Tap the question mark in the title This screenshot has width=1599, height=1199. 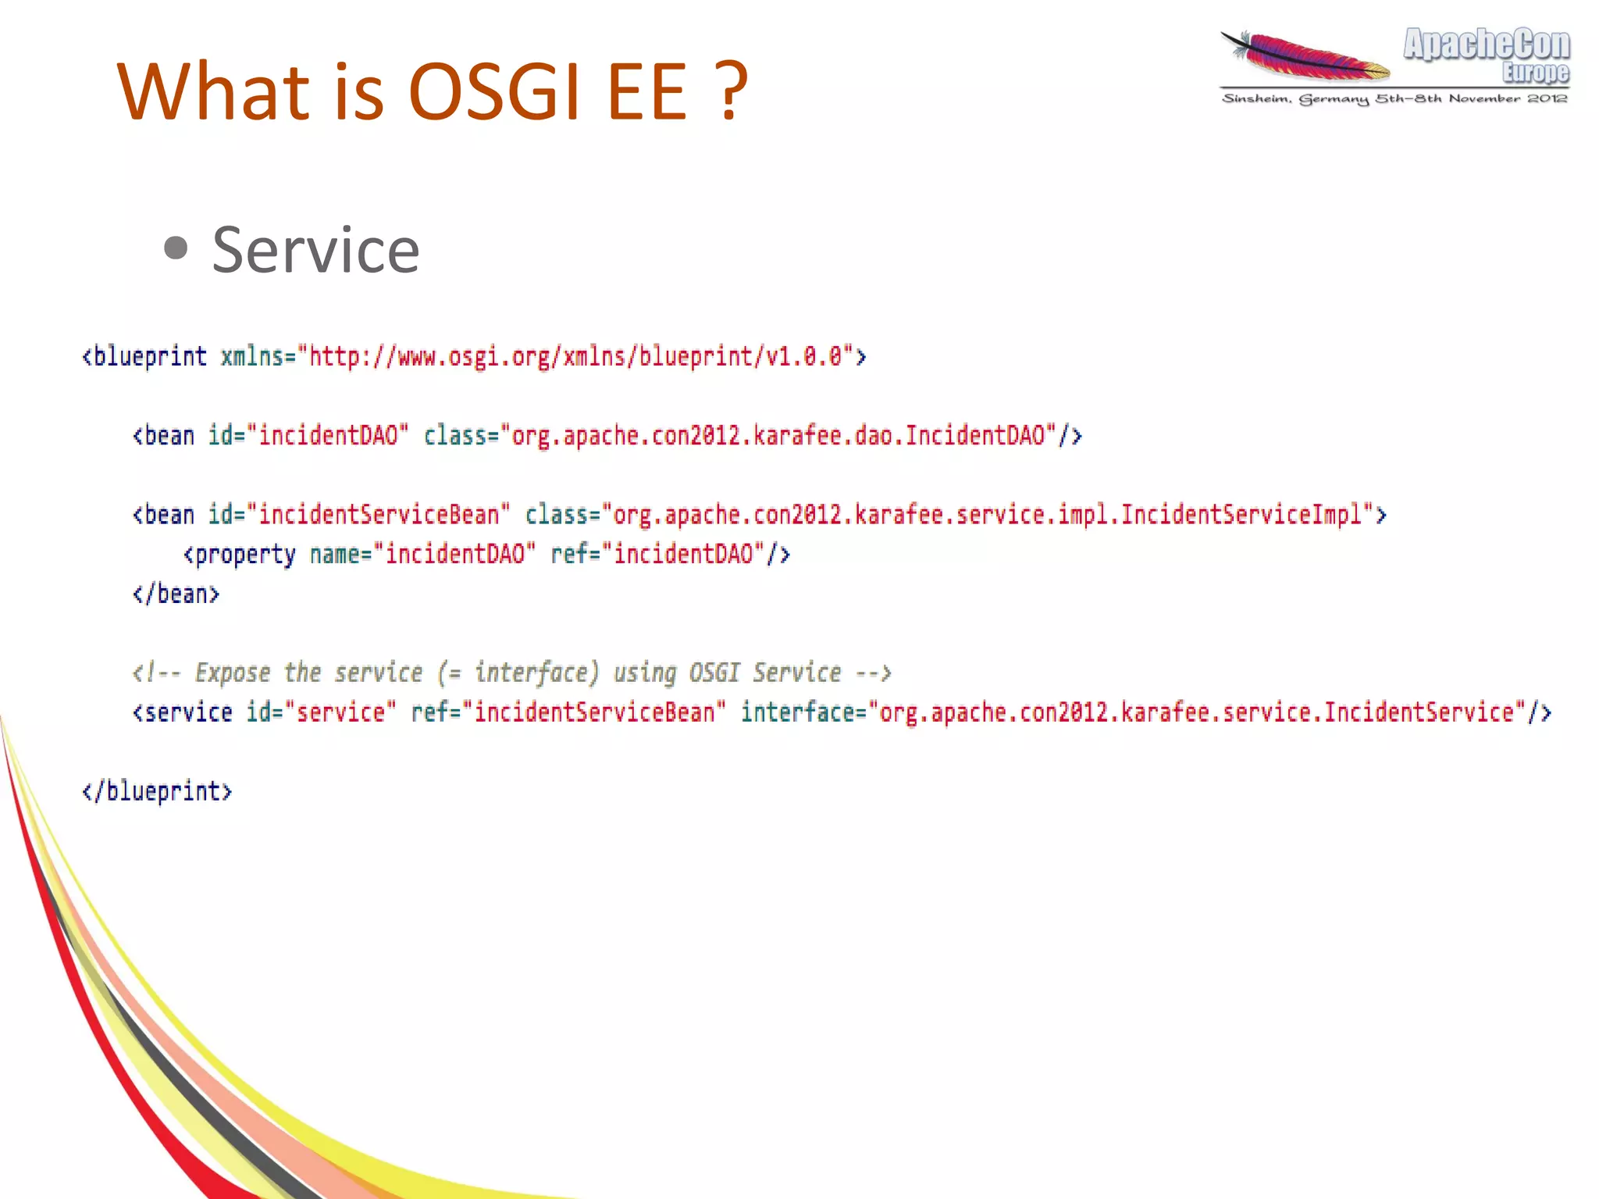point(732,92)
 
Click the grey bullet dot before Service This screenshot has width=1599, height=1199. point(176,248)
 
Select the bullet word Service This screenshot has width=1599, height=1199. point(315,250)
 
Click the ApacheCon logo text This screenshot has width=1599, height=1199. point(1486,45)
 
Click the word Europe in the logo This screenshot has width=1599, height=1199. point(1535,73)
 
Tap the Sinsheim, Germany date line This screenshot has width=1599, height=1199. point(1394,98)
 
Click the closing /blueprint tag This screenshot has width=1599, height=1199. point(158,791)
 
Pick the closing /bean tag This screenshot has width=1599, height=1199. point(176,594)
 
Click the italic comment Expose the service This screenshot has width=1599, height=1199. point(511,673)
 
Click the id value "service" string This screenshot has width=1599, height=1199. point(340,712)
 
